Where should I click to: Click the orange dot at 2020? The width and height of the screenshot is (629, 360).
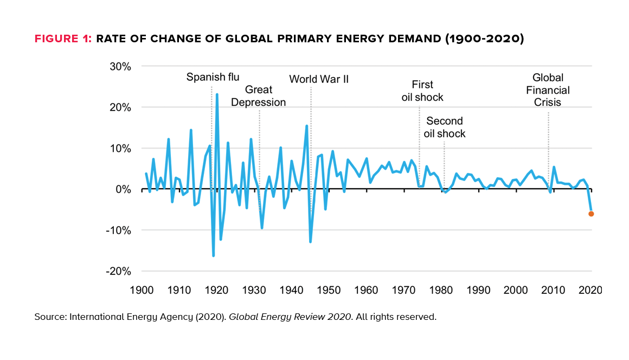coord(591,214)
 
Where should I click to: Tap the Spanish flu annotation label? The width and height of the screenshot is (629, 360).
coord(213,77)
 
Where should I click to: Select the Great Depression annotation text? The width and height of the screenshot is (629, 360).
coord(259,96)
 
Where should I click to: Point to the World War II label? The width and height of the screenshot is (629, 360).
coord(319,79)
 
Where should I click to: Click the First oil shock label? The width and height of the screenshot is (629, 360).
coord(422,91)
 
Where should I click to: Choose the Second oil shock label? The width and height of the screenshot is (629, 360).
coord(445,127)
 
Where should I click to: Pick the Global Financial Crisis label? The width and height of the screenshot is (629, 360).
coord(548,89)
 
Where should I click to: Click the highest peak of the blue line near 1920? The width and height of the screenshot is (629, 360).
coord(217,94)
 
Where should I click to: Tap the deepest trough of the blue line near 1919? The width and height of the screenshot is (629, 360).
coord(214,255)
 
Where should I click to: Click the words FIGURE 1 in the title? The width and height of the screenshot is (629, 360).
coord(63,39)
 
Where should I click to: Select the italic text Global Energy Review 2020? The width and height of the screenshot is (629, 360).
coord(291,317)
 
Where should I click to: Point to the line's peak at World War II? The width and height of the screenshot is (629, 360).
coord(307,126)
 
